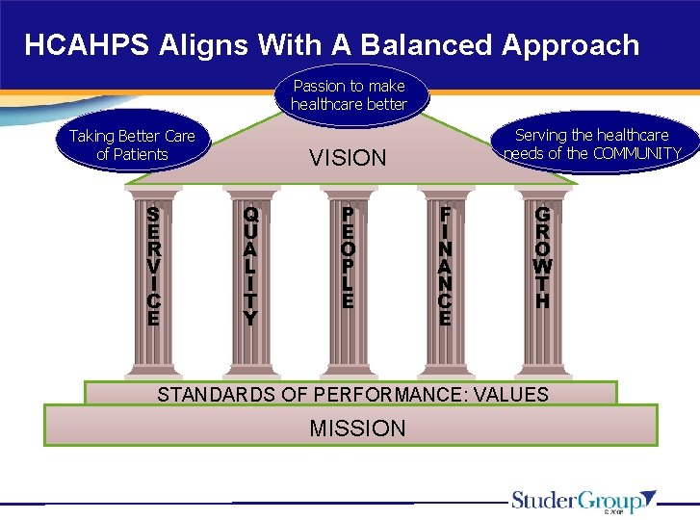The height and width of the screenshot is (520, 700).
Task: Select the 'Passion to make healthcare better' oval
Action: click(x=349, y=94)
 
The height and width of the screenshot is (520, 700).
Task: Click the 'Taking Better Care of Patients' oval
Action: click(x=132, y=145)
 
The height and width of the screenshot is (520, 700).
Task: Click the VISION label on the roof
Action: click(x=348, y=158)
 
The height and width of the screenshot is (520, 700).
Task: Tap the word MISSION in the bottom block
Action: click(x=357, y=429)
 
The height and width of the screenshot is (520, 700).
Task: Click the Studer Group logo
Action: click(x=583, y=501)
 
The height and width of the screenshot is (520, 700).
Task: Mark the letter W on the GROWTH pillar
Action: click(x=542, y=266)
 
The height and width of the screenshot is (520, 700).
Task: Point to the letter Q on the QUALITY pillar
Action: click(x=250, y=214)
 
